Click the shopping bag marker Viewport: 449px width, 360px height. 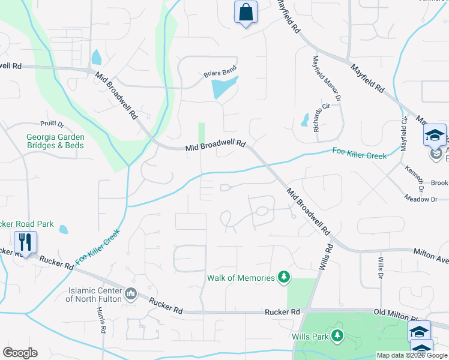246,13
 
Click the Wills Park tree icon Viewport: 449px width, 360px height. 338,336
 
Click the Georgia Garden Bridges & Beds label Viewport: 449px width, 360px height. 55,141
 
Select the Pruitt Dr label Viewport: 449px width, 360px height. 52,124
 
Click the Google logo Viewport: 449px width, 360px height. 20,352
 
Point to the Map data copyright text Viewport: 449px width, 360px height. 412,355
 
